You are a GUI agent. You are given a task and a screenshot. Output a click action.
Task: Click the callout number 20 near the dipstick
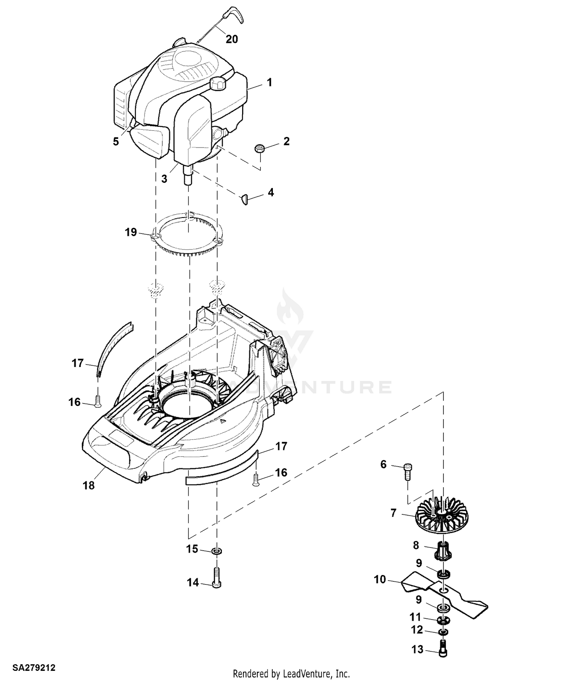232,39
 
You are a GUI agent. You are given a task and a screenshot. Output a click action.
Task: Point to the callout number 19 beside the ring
131,232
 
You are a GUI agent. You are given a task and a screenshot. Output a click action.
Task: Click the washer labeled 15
217,551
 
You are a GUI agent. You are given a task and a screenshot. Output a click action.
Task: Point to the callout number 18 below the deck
89,485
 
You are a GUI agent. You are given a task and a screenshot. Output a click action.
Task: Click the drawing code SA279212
34,668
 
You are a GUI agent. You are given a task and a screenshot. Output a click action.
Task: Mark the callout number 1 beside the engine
269,82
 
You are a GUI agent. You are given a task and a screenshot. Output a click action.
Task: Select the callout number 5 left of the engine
116,141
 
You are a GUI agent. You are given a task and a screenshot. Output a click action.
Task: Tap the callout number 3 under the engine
164,179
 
